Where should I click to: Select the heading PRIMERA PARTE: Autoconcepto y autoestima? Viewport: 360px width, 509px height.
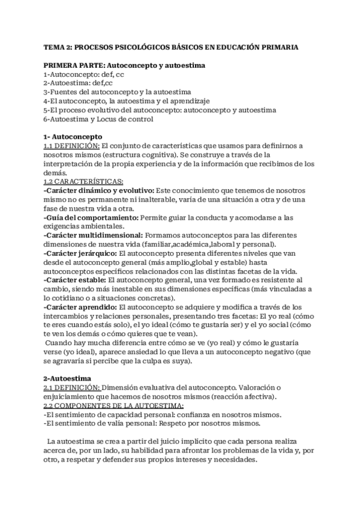125,65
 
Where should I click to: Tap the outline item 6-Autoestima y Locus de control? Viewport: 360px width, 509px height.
98,119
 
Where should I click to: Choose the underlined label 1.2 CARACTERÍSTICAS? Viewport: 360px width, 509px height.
83,181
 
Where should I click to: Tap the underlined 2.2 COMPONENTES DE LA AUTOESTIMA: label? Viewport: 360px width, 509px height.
106,406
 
